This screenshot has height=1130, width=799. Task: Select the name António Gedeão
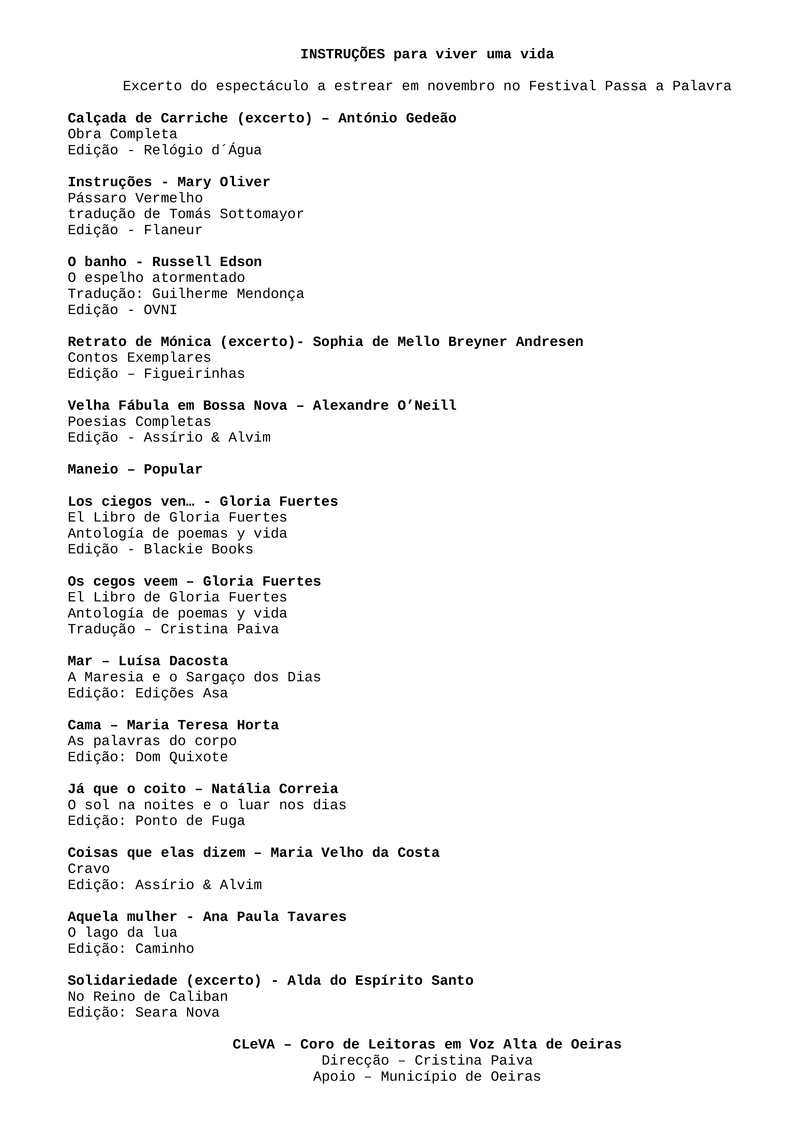click(x=397, y=118)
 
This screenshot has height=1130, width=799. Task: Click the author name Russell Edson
click(x=207, y=262)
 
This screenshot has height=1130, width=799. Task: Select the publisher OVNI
click(x=160, y=310)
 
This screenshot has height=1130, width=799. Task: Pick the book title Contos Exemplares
click(x=139, y=358)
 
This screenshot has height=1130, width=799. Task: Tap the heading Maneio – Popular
click(x=135, y=470)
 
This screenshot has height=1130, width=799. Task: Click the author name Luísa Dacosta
click(x=173, y=661)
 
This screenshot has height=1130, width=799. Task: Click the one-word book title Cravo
click(x=89, y=869)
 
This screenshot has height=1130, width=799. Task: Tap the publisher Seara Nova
click(x=177, y=1012)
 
